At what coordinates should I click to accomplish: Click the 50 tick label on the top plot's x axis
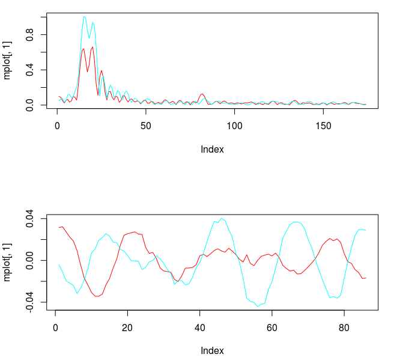pos(146,126)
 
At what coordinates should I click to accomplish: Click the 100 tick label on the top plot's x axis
pos(235,126)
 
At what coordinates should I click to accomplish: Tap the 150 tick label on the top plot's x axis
pos(323,126)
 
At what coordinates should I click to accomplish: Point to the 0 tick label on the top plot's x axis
pos(57,126)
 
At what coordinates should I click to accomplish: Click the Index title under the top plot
pos(212,149)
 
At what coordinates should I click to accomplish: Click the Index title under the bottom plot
pos(212,350)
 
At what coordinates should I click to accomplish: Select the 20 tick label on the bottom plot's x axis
pos(127,328)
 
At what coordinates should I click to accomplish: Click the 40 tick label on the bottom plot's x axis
pos(199,328)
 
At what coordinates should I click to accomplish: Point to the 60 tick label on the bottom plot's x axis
pos(272,328)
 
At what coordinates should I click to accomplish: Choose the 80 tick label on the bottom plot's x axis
pos(344,328)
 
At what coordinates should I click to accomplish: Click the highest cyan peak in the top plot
pos(84,17)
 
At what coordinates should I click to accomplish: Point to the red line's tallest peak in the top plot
pos(92,47)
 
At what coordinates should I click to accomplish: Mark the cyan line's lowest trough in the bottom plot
pos(258,307)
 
